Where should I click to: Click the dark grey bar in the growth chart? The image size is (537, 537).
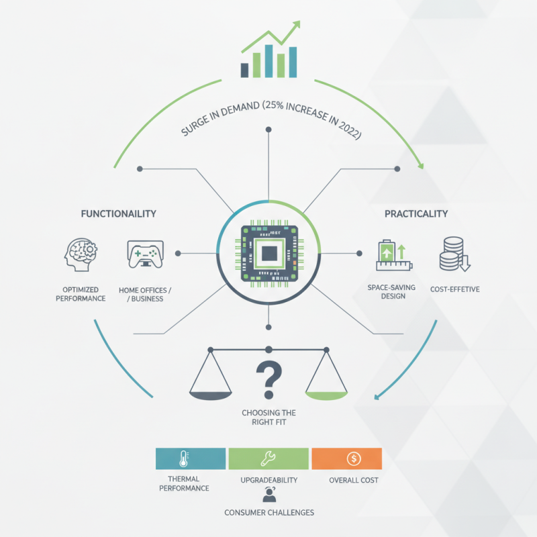(244, 70)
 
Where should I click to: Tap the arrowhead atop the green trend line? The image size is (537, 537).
(297, 25)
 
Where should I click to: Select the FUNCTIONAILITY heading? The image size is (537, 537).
(119, 213)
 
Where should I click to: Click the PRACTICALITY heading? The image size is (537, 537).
(416, 213)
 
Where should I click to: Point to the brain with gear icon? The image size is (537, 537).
(81, 255)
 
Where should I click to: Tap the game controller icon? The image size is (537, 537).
(145, 254)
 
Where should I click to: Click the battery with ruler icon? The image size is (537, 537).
(394, 256)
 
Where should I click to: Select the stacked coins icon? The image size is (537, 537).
(455, 254)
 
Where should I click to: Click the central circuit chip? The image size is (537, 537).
(269, 254)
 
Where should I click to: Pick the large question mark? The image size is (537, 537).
(269, 379)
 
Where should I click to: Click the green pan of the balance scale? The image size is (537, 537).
(326, 395)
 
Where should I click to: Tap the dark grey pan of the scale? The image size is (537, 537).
(211, 395)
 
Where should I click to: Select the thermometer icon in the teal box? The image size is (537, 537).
(184, 458)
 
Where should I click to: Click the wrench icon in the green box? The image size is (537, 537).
(268, 458)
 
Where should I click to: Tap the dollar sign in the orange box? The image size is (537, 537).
(354, 458)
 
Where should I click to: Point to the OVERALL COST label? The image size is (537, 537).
(354, 480)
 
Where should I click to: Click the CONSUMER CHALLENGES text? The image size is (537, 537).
(269, 513)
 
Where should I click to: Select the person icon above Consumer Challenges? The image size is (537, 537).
(269, 495)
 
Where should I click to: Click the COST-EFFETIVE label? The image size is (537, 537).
(455, 289)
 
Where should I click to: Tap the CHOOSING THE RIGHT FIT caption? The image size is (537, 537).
(269, 418)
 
